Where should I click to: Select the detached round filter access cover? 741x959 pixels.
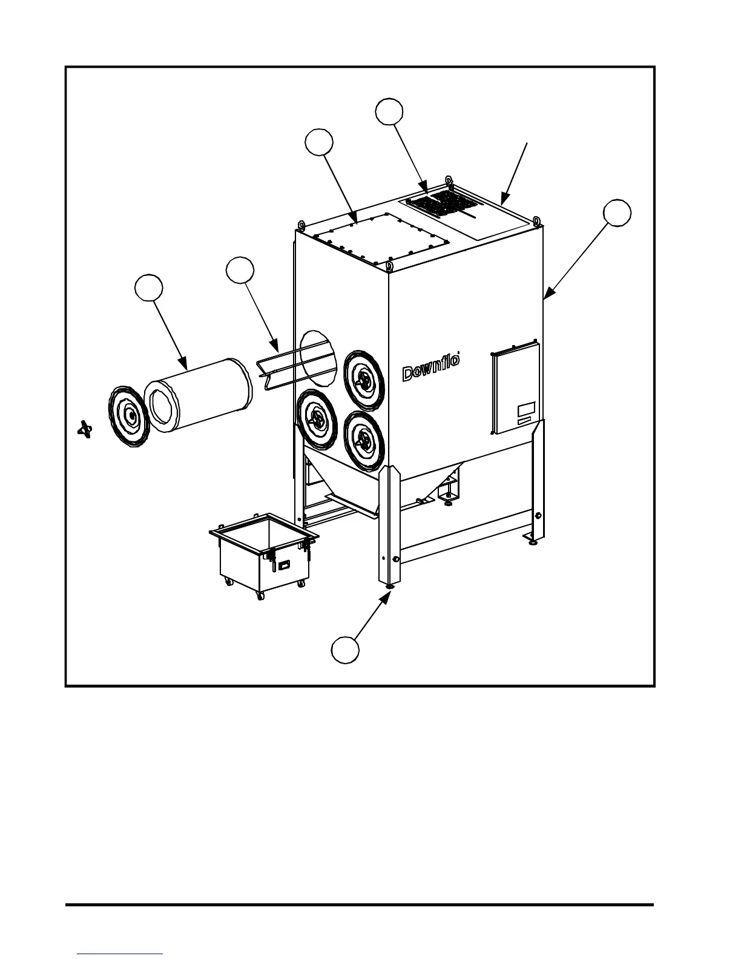(129, 416)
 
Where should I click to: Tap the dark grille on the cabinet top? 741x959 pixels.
(441, 200)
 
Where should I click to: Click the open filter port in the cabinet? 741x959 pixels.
(318, 357)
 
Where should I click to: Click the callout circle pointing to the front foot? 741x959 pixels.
(346, 650)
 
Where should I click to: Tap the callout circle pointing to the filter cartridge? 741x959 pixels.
(149, 289)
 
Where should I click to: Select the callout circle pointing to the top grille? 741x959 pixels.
(389, 112)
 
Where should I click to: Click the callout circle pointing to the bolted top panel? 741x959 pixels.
(319, 142)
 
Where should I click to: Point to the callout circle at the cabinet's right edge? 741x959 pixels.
(617, 213)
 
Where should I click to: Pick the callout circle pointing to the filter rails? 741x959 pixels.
(240, 271)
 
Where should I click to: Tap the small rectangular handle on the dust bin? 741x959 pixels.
(284, 565)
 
